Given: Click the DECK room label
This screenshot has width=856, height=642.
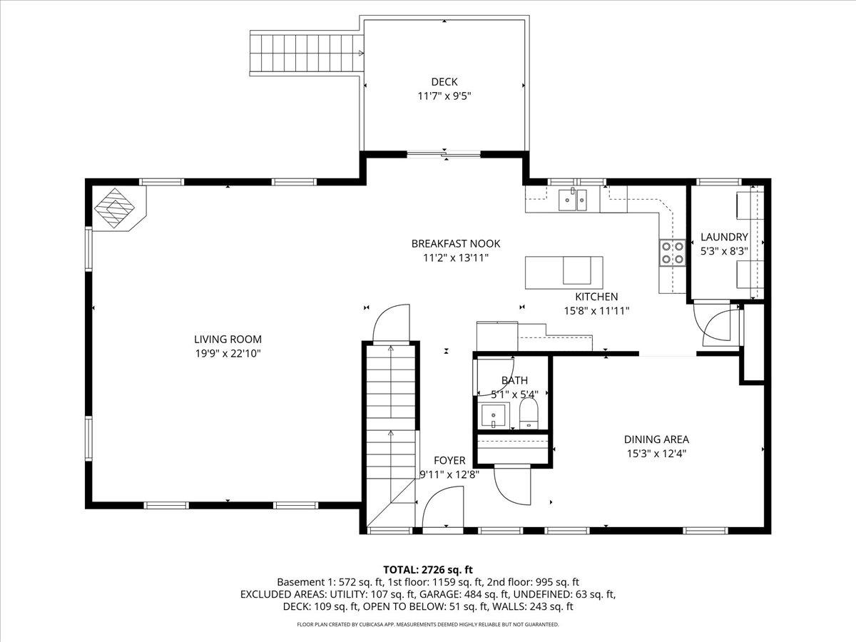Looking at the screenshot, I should (444, 82).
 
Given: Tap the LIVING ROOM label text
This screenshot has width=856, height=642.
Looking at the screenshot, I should (228, 340).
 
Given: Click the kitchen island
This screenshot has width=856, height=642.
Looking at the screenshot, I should (564, 272).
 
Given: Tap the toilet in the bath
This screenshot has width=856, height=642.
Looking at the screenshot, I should (528, 413).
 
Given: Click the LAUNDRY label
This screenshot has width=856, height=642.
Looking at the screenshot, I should (724, 238).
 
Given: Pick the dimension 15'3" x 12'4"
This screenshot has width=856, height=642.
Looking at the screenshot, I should (656, 453).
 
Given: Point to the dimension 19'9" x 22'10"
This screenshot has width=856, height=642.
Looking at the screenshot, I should (228, 353).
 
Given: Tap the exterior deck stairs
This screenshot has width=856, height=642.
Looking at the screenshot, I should (303, 53).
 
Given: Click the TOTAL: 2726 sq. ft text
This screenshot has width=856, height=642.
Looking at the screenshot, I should (428, 569).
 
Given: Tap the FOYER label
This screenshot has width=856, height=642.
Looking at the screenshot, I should (449, 461).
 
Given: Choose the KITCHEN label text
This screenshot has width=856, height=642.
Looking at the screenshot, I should (596, 297).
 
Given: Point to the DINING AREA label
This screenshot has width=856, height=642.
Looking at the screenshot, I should (656, 439).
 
